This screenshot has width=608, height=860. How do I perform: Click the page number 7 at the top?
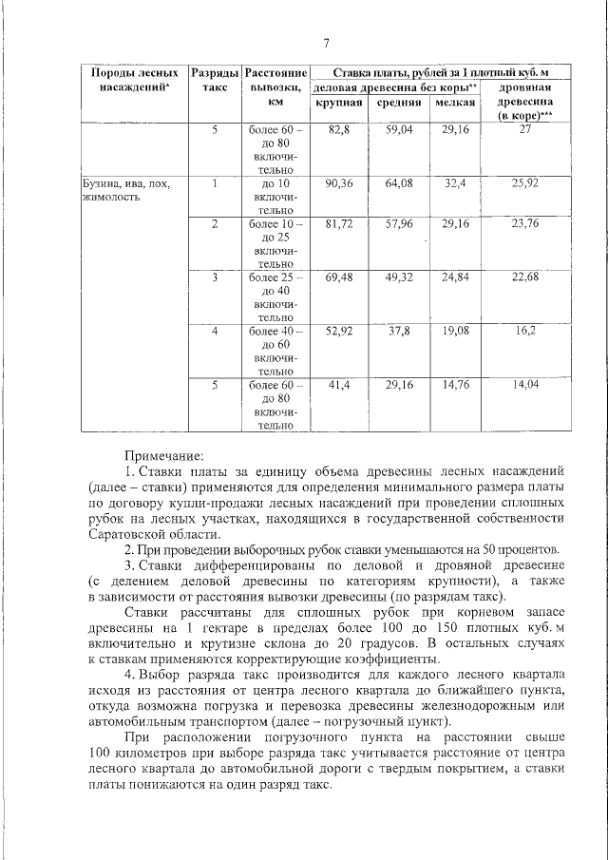[326, 43]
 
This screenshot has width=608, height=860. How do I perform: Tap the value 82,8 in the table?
[339, 128]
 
